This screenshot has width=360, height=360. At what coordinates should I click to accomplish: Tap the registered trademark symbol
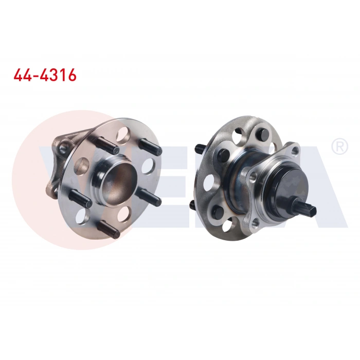point(339,147)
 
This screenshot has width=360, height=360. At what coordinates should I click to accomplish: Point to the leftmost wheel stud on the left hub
point(80,199)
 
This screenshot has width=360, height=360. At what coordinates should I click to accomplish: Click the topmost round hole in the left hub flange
point(122,135)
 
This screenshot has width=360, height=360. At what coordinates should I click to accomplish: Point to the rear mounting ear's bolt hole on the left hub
point(63,149)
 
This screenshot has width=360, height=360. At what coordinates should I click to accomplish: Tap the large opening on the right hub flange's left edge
point(209,181)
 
